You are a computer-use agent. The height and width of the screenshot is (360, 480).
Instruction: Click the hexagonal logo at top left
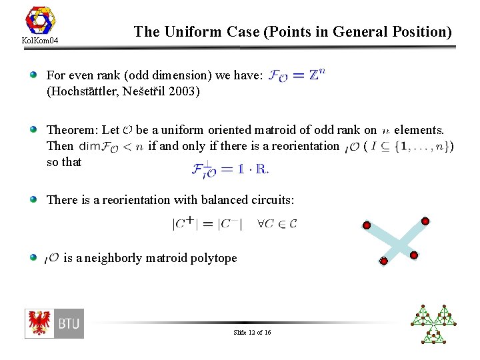click(x=40, y=21)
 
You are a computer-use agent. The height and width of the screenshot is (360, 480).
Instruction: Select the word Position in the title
click(x=418, y=31)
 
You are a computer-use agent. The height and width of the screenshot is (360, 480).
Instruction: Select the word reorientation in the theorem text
click(x=304, y=145)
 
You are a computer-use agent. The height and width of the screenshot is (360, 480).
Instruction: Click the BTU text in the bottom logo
click(x=69, y=324)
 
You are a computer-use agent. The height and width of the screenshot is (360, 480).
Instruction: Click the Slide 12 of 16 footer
click(x=252, y=332)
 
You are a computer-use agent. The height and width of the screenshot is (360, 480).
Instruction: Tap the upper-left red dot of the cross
click(x=366, y=226)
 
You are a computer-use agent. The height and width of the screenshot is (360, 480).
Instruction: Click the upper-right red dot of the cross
click(x=425, y=221)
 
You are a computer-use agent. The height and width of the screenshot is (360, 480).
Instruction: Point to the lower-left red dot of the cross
click(x=383, y=261)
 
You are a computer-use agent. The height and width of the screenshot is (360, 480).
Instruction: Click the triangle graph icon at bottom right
click(x=435, y=323)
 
